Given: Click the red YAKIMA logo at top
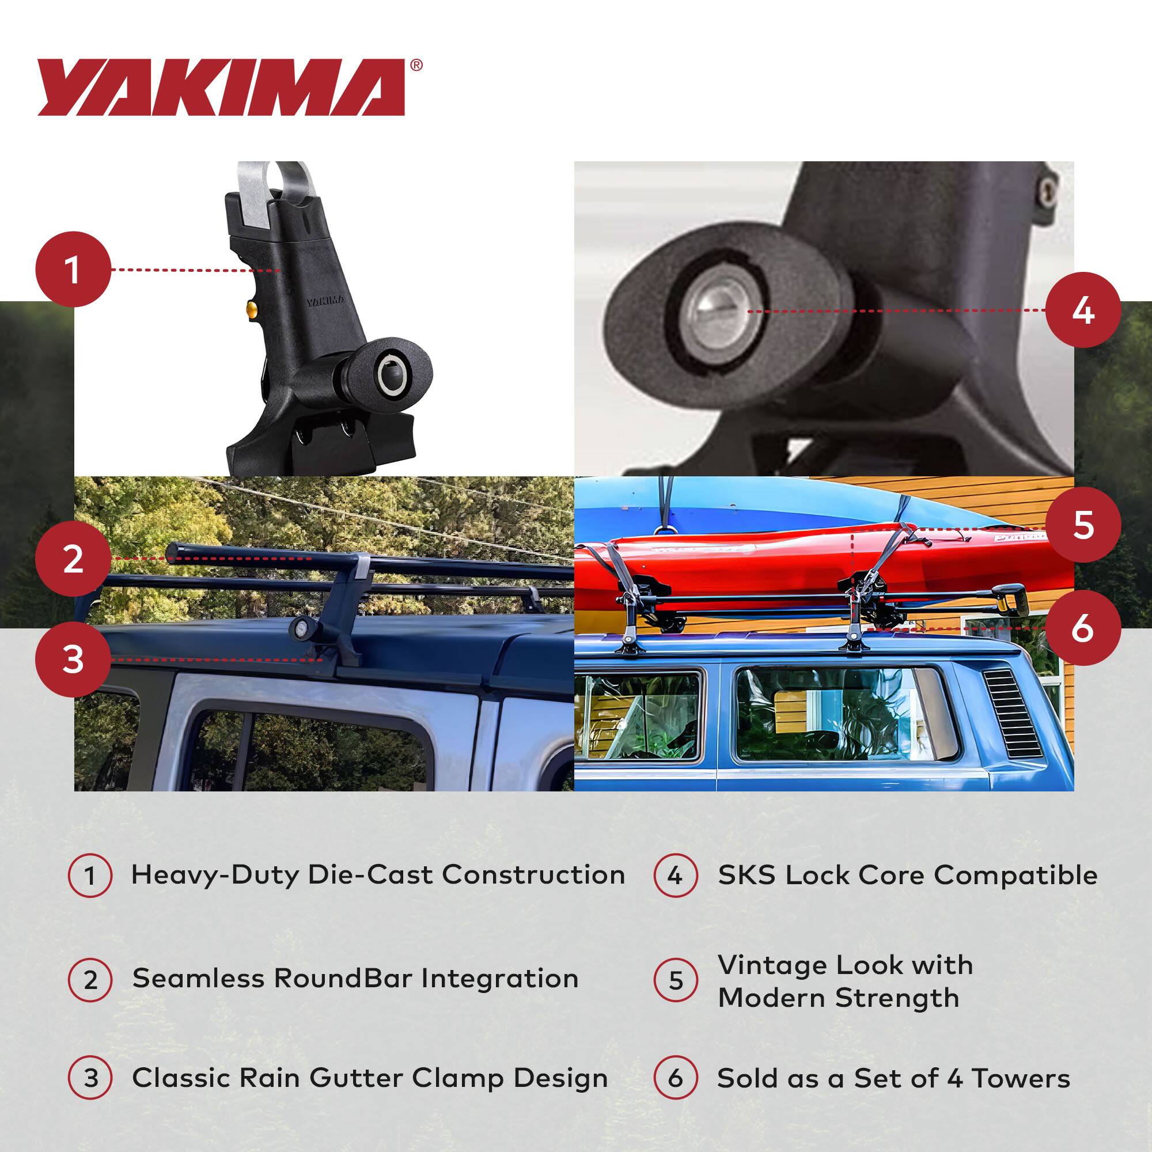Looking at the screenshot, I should point(221,87).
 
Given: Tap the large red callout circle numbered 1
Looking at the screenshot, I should point(73,270).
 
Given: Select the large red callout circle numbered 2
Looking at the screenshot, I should point(73,559).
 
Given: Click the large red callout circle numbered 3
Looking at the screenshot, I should point(73,660).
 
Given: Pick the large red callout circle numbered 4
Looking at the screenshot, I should point(1083,310).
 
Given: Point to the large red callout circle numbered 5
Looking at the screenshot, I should point(1083,525).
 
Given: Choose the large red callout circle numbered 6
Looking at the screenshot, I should point(1083,628).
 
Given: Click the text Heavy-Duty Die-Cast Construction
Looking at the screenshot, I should point(378,875).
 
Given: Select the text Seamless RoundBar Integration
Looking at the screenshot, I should point(355,979).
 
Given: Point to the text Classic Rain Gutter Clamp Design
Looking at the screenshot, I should point(370,1078).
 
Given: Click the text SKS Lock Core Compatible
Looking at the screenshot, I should point(908,875).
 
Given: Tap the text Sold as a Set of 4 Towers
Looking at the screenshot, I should point(893,1078).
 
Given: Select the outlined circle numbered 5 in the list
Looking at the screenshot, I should point(675,980).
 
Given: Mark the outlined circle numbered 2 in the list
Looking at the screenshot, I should point(90,980).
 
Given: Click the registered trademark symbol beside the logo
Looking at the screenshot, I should point(416,65).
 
